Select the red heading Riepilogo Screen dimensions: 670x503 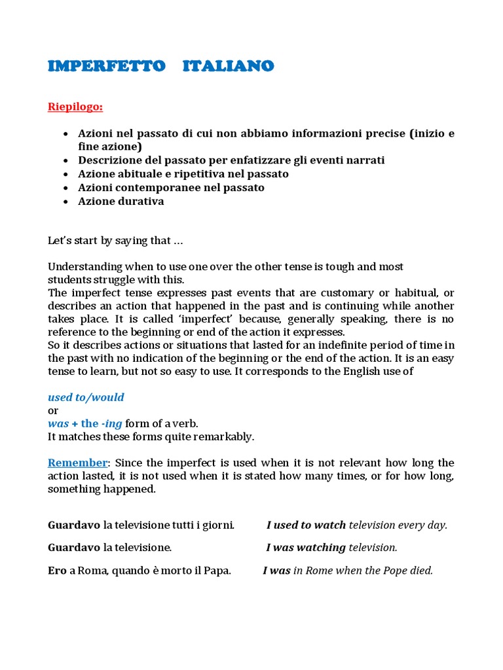[75, 107]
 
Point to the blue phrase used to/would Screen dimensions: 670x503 [86, 397]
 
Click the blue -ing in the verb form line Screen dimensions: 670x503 [112, 423]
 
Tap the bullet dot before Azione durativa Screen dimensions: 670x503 [65, 202]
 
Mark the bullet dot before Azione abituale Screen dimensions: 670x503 [65, 174]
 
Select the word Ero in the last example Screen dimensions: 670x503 [57, 571]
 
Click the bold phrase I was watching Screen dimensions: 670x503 [306, 548]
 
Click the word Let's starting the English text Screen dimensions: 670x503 [60, 241]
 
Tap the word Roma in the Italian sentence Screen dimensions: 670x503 [92, 571]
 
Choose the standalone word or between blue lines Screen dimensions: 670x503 [53, 410]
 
